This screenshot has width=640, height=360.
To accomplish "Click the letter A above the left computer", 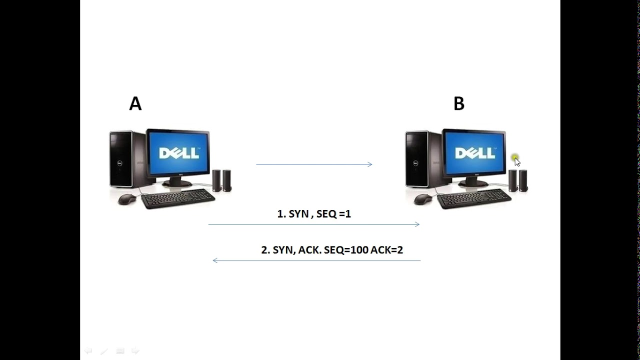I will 135,103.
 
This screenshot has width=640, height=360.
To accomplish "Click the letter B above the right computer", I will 458,103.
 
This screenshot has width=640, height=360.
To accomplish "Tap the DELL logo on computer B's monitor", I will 474,153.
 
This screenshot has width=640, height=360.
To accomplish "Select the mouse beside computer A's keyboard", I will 127,199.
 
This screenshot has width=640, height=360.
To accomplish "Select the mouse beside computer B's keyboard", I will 423,199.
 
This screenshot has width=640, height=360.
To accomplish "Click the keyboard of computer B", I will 474,198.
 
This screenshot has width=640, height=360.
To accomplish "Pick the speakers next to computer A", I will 221,180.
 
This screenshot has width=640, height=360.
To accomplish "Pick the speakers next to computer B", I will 518,180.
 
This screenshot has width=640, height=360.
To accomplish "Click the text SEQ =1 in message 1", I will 333,214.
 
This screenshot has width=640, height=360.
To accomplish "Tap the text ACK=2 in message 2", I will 386,250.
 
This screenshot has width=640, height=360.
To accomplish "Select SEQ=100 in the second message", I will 346,250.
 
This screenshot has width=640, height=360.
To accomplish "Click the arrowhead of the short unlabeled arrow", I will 370,164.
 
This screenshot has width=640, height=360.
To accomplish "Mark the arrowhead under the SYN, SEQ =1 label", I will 417,224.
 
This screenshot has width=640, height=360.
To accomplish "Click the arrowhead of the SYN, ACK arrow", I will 215,260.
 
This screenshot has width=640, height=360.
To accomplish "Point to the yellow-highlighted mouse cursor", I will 516,160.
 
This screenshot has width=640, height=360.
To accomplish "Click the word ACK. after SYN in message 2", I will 309,250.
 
